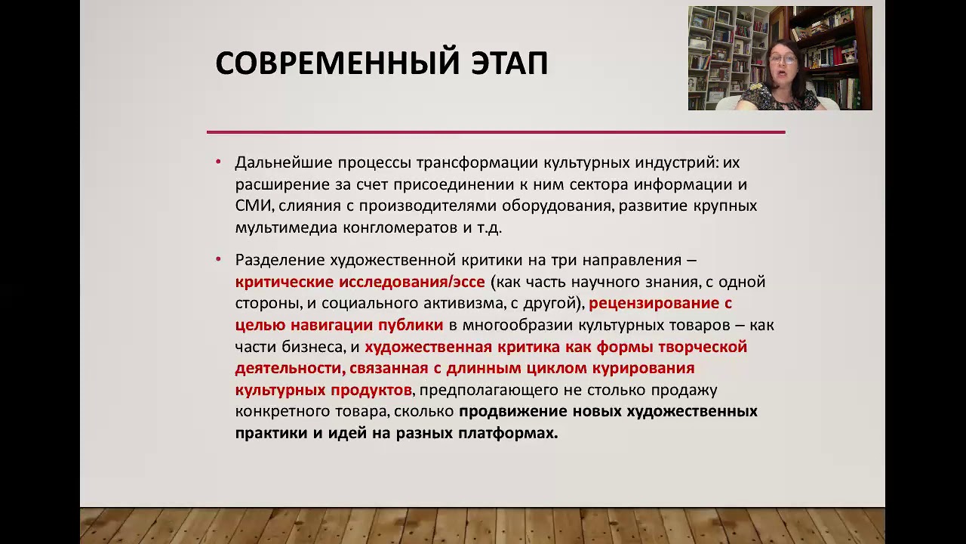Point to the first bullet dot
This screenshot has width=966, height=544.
point(218,162)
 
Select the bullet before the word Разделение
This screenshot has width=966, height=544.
point(218,259)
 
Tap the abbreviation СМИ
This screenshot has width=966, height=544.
point(254,206)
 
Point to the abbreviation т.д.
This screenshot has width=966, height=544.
point(488,227)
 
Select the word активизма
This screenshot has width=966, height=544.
point(510,304)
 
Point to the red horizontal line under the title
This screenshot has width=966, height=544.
point(496,132)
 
